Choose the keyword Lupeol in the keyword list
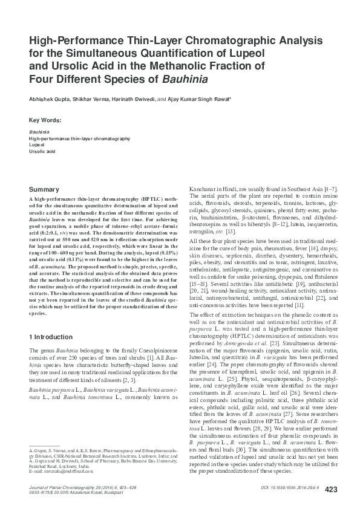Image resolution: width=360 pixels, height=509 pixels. click(36, 145)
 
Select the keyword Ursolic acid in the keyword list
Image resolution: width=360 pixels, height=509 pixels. click(42, 152)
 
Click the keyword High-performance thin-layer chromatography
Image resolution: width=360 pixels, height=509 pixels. click(79, 138)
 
